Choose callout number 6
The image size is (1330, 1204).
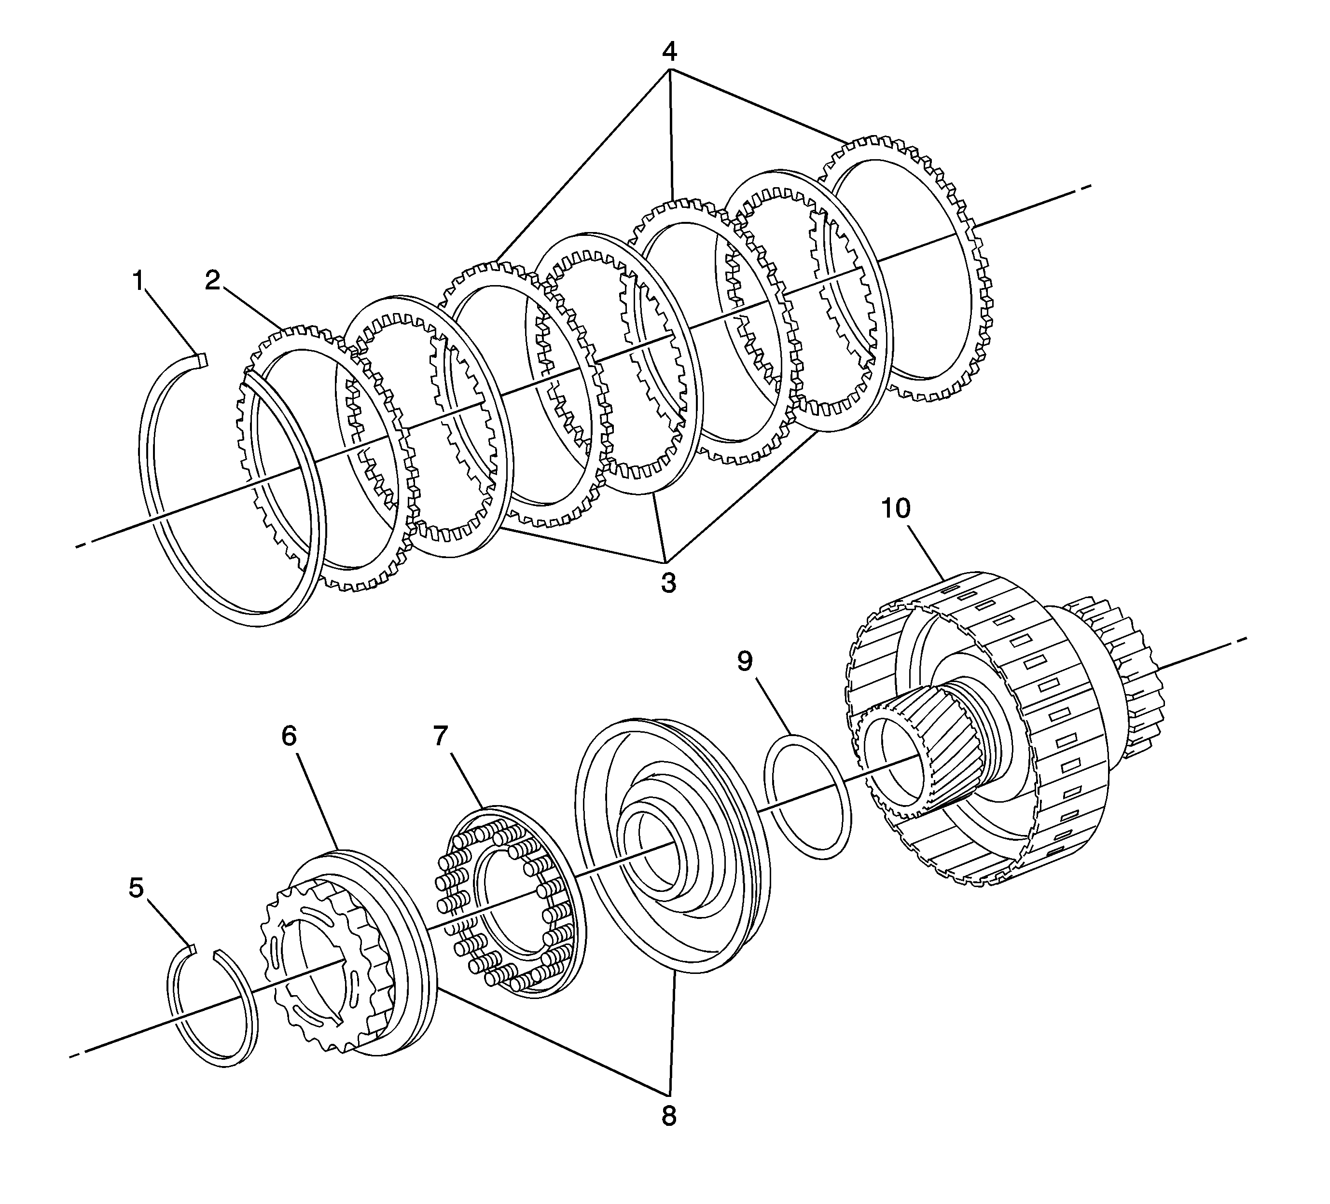click(289, 736)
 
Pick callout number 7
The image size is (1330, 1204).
click(441, 735)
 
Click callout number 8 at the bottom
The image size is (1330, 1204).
click(668, 1116)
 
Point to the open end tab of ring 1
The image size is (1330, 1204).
click(202, 359)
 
